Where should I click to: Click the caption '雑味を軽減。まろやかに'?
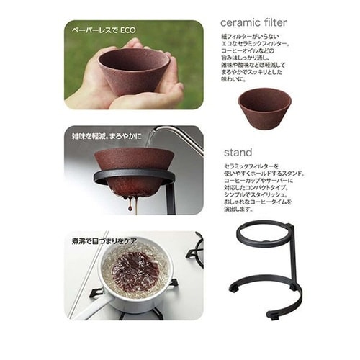[x=108, y=135]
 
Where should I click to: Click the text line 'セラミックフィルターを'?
[x=253, y=166]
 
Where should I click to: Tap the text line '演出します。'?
[x=239, y=210]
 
